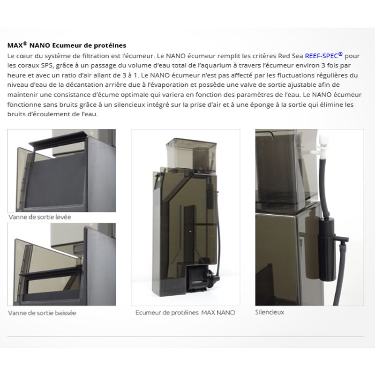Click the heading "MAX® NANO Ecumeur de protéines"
pyautogui.click(x=67, y=45)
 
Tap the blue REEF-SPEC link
pyautogui.click(x=323, y=55)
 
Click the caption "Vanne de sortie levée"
pyautogui.click(x=40, y=217)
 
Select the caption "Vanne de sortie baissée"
pyautogui.click(x=42, y=313)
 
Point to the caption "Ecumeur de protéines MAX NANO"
pyautogui.click(x=185, y=313)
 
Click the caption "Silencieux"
pyautogui.click(x=270, y=312)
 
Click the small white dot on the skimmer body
pyautogui.click(x=190, y=231)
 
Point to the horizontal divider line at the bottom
pyautogui.click(x=186, y=336)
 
